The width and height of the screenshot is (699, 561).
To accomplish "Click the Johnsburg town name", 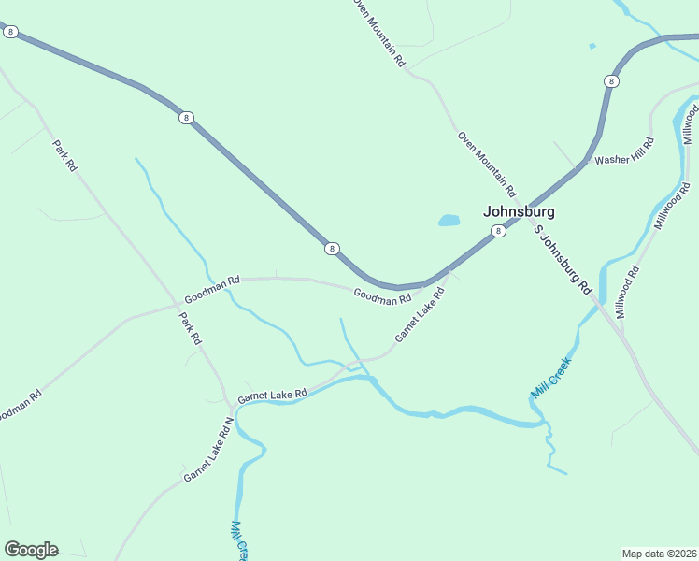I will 520,211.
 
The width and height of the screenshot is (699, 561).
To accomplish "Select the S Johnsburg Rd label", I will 563,260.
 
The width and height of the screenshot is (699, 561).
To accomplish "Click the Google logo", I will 31,550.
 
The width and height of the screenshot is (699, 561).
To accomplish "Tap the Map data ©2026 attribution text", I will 659,553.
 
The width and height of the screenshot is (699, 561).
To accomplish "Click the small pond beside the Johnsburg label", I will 449,222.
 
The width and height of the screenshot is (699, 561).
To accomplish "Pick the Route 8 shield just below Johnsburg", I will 499,231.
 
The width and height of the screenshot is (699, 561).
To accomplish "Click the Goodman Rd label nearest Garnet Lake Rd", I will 382,297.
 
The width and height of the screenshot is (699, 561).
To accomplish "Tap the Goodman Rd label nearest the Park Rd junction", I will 212,288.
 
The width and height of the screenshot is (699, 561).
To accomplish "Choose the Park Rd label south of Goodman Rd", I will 191,328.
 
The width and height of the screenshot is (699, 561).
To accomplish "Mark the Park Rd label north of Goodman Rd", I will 64,156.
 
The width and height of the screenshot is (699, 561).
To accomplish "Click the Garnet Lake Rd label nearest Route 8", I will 419,314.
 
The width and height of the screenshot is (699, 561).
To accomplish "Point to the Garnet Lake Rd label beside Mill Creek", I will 272,396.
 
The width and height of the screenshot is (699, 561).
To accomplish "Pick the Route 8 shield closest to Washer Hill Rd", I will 611,81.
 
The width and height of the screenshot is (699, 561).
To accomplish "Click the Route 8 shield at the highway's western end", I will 10,32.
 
